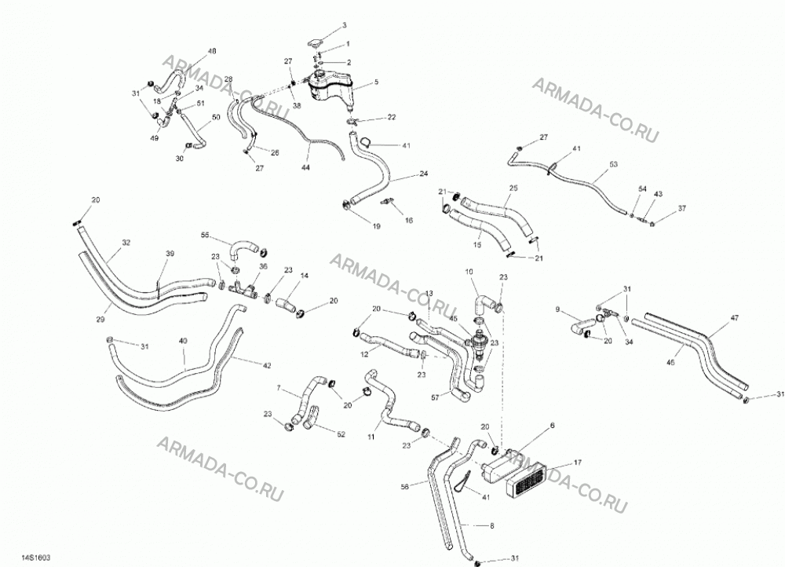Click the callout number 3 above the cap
click(x=345, y=25)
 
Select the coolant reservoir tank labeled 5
click(x=330, y=88)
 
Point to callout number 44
click(x=305, y=167)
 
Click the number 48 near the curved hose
click(x=212, y=51)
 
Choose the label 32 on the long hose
click(x=126, y=243)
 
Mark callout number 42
click(x=267, y=366)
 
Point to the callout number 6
click(x=552, y=426)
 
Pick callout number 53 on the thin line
click(x=613, y=164)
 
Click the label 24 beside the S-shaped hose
click(x=424, y=174)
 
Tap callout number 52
click(x=341, y=434)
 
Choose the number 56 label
click(x=405, y=486)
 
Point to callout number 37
click(x=682, y=208)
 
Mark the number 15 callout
click(x=477, y=245)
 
